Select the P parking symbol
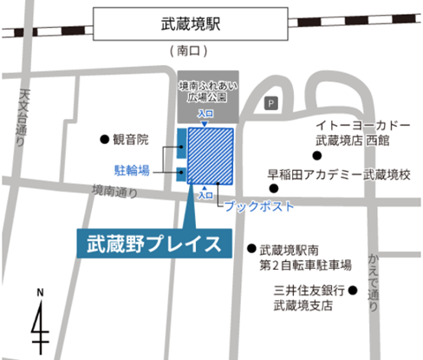point(271,104)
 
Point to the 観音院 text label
point(132,138)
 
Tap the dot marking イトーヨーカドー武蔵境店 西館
point(317,156)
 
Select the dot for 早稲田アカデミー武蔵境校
point(273,187)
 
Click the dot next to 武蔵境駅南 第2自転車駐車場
point(251,247)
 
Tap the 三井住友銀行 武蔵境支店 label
point(311,298)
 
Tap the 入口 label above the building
point(205,115)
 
